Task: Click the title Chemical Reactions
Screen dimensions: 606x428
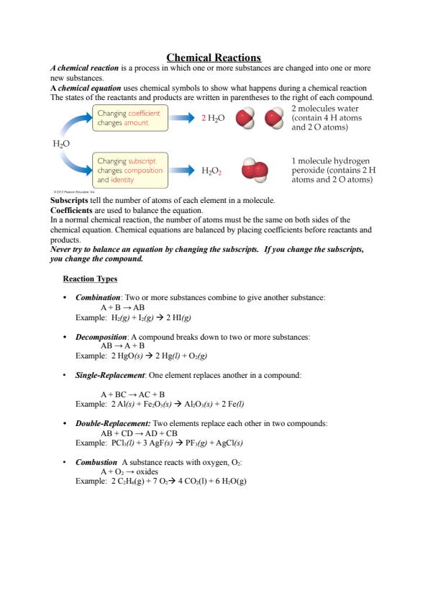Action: click(214, 57)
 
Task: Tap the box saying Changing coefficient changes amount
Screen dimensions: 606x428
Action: click(129, 118)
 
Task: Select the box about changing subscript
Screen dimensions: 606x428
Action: click(129, 171)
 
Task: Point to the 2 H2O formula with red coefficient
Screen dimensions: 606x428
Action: click(212, 118)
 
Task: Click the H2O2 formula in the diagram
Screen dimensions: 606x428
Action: click(211, 171)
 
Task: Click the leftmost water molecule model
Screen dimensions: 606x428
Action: click(246, 118)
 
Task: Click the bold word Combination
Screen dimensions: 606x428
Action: click(98, 297)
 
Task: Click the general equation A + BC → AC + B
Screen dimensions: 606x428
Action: click(132, 394)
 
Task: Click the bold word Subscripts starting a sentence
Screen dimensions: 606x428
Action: click(70, 199)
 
